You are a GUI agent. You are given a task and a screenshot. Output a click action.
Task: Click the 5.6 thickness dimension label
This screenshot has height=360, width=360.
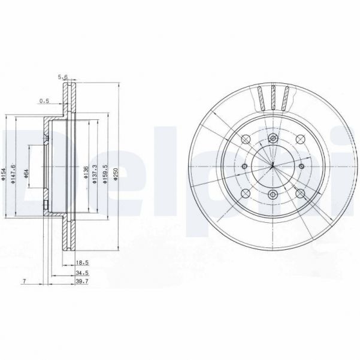pos(62,76)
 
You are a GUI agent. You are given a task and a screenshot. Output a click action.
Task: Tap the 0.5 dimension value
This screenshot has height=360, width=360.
pos(44,100)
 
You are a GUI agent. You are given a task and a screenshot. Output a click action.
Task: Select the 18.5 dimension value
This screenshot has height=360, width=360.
pos(83,262)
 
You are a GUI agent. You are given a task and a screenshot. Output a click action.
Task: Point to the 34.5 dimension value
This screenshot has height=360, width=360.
pos(83,272)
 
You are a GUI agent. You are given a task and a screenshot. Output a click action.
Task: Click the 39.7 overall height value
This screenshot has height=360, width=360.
pos(83,281)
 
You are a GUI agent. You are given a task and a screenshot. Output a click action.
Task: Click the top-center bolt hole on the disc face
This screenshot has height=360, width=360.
pos(273,138)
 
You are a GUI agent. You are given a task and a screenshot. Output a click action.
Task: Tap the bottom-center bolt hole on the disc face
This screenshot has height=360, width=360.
pos(273,193)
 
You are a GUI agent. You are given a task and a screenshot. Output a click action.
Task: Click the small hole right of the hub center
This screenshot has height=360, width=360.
pos(301,166)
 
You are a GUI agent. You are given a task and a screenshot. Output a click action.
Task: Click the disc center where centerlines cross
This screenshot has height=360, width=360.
pos(273,166)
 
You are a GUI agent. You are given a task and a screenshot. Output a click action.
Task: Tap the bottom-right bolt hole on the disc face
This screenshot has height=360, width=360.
pos(300,193)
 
